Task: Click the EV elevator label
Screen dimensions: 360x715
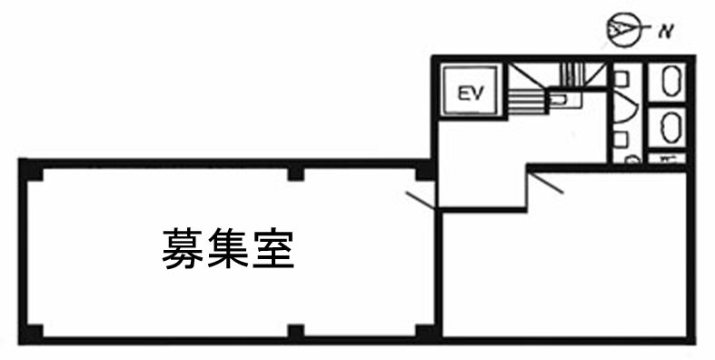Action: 469,92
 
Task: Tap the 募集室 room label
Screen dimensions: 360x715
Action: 228,248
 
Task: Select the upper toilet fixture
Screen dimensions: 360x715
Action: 670,84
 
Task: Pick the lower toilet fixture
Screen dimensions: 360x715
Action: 670,126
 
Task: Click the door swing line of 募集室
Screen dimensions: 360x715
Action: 420,199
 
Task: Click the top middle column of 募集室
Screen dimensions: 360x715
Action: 295,173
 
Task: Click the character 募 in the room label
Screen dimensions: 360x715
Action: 184,248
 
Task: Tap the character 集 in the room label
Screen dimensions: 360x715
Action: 228,248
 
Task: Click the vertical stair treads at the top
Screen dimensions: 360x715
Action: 571,71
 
